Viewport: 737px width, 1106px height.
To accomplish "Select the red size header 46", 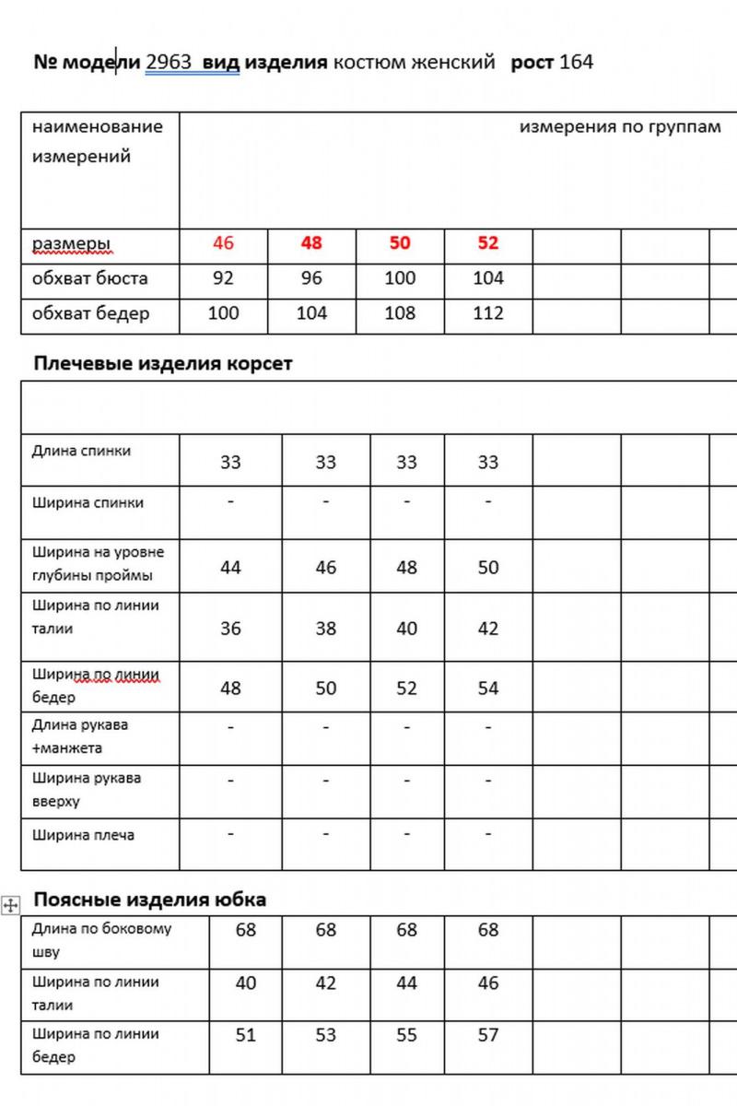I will point(223,243).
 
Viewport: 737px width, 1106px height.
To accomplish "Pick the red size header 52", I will point(488,243).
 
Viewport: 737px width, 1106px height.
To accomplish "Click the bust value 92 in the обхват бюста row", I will point(223,278).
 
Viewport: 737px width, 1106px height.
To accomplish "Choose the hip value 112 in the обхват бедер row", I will point(488,313).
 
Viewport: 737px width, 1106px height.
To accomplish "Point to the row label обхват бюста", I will point(89,278).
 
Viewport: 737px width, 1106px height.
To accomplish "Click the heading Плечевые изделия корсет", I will point(163,363).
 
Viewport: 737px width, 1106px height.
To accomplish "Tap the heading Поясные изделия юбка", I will point(150,899).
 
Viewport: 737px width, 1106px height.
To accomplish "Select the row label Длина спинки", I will point(81,451).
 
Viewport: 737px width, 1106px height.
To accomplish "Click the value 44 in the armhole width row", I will point(230,568).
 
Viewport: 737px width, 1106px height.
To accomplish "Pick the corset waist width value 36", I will point(230,629).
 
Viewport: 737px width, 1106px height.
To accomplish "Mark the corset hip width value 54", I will point(488,688).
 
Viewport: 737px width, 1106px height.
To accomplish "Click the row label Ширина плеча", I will point(83,835).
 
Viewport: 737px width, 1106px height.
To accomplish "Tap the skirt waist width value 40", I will point(245,983).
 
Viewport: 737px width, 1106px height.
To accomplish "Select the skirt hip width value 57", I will point(488,1035).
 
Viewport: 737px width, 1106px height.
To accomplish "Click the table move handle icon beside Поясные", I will point(11,905).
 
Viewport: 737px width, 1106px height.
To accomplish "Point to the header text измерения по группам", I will point(620,127).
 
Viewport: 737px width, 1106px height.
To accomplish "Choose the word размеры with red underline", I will point(71,244).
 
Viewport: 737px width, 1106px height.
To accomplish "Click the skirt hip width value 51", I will point(245,1035).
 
